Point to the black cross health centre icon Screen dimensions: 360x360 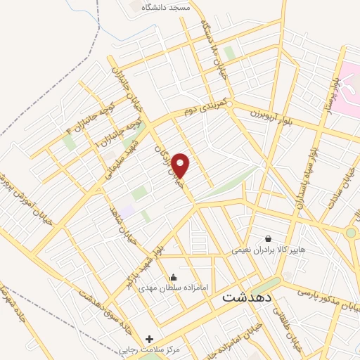149,339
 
